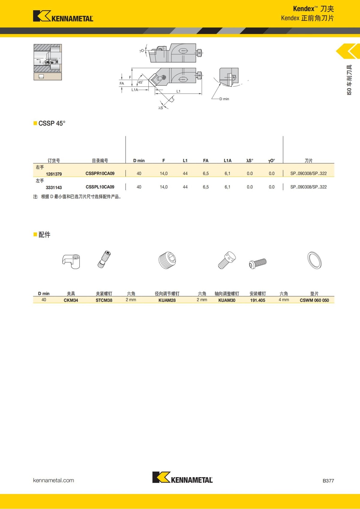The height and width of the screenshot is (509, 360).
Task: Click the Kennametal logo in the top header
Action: tap(63, 16)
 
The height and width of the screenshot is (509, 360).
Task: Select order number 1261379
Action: tap(54, 174)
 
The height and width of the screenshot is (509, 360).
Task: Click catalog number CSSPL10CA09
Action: tap(100, 187)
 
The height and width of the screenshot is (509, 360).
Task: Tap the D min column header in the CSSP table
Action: tap(139, 161)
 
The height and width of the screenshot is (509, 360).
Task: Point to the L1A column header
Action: tap(227, 161)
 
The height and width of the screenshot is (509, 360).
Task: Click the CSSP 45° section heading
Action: tap(52, 124)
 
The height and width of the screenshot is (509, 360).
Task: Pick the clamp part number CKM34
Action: tap(71, 300)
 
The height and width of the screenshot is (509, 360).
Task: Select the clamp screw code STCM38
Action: tap(104, 300)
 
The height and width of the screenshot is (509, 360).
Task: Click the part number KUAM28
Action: tap(167, 300)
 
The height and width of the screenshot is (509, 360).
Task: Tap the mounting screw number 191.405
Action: tap(258, 300)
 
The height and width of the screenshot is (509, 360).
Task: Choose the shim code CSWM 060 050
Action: tap(314, 300)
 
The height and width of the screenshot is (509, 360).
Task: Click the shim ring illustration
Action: tap(314, 260)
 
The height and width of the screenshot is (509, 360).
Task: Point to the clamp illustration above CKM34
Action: tap(71, 261)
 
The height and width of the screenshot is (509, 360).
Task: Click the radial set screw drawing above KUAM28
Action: tap(167, 260)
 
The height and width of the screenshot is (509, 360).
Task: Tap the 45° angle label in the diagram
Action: tap(140, 82)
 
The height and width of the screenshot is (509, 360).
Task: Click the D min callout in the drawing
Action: tap(224, 99)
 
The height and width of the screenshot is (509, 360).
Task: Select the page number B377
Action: tap(328, 481)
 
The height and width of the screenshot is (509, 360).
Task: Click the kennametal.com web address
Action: tap(53, 480)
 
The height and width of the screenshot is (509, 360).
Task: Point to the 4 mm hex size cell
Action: tap(284, 300)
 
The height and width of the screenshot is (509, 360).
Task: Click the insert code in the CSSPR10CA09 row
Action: tap(308, 174)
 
